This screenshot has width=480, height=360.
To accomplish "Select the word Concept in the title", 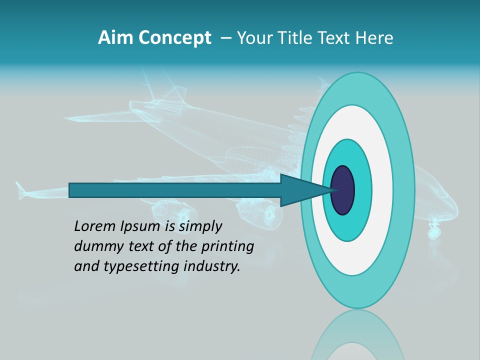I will pos(175,38).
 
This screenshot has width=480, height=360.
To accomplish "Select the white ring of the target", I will pos(382,190).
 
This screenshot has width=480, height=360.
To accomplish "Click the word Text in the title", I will pos(337,38).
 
